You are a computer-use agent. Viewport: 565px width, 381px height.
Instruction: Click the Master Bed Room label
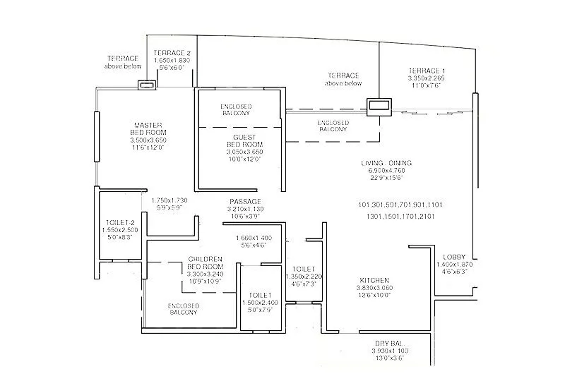point(148,128)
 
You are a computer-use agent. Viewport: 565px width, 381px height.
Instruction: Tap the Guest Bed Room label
point(244,140)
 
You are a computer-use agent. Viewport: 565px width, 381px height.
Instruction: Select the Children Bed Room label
point(206,263)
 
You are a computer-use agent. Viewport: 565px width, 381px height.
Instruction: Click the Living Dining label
point(385,163)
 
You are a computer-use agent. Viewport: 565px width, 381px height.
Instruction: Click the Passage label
point(244,201)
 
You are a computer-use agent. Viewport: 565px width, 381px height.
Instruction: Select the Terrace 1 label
point(427,71)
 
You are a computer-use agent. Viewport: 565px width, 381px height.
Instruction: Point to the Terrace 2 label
point(172,53)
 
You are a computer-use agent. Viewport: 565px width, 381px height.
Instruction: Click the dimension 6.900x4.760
point(385,171)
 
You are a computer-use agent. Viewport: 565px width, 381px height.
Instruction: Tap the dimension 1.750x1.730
point(171,201)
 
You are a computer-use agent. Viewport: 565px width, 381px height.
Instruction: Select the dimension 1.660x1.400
point(255,238)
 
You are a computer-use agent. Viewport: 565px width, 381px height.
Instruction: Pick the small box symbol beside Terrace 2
point(147,85)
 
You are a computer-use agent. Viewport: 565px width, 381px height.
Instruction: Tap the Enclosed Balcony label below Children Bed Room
point(184,309)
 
